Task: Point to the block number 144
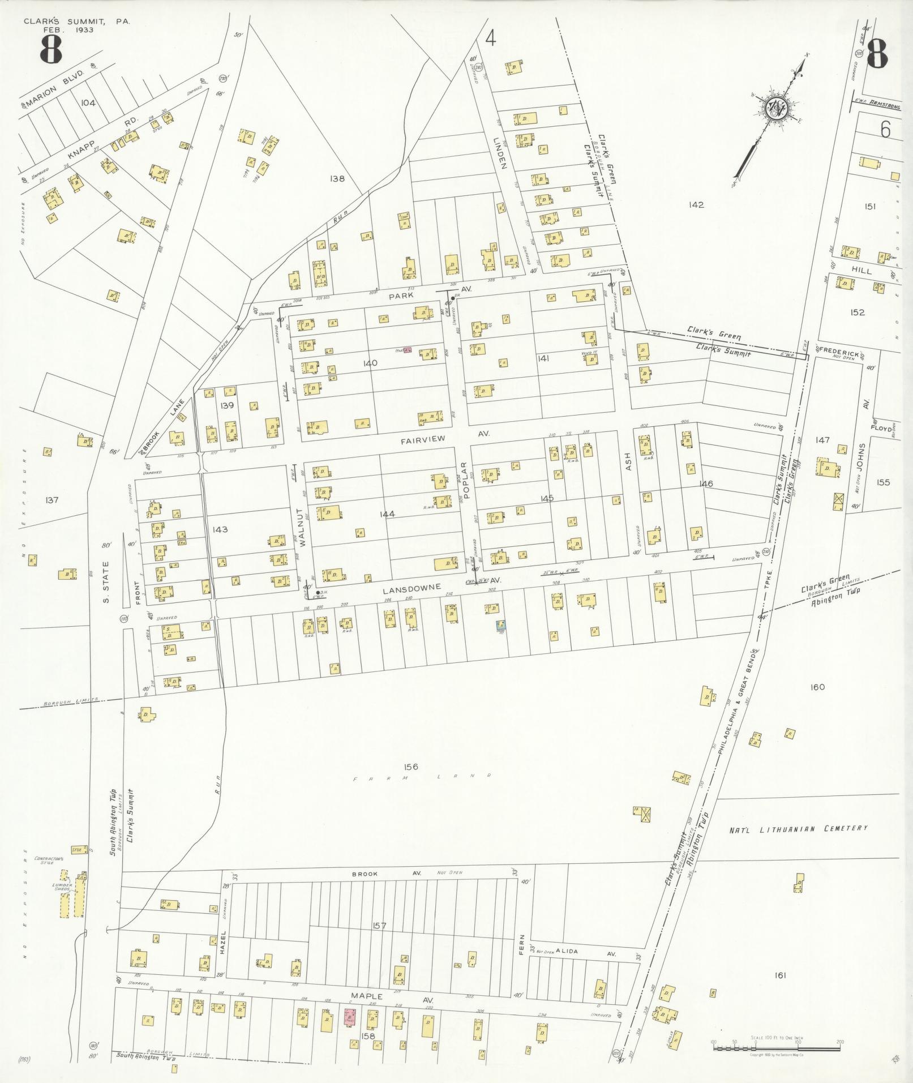[x=388, y=514]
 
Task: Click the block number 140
[x=370, y=363]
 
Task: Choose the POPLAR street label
[x=464, y=482]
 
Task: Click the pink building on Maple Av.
[x=351, y=1017]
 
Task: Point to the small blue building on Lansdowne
[x=500, y=625]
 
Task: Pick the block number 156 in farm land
[x=411, y=767]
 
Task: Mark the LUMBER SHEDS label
[x=61, y=886]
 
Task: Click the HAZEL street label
[x=223, y=942]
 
